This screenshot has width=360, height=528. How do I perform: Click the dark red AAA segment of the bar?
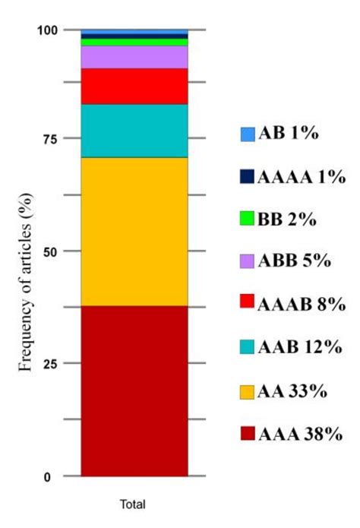click(x=134, y=391)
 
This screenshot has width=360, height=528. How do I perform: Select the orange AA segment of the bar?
click(x=134, y=232)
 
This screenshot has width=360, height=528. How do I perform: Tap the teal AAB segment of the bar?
click(x=134, y=131)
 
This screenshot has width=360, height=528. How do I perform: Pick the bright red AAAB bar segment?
click(x=134, y=86)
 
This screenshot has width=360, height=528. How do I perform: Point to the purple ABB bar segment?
click(x=134, y=57)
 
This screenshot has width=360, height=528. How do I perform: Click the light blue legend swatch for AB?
click(x=248, y=134)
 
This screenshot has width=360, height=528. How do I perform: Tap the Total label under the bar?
click(x=134, y=504)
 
